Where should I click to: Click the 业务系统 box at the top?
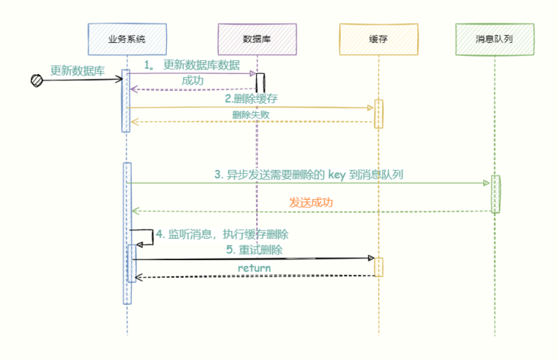pos(127,39)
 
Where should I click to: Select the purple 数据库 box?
pos(256,39)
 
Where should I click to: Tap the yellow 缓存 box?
pos(378,39)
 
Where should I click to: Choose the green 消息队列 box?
pos(494,39)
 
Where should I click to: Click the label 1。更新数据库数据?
pos(192,65)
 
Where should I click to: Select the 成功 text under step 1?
pos(192,80)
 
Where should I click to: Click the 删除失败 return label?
pos(250,114)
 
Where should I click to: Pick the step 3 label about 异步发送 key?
pos(308,174)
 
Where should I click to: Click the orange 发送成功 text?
pos(310,202)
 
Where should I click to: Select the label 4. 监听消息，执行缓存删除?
pos(222,233)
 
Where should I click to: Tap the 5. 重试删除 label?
pos(255,249)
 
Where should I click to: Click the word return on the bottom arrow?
pos(254,268)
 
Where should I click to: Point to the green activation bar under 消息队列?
pos(495,193)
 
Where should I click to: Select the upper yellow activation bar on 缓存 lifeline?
pos(378,114)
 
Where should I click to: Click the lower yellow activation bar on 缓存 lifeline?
pos(378,267)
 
